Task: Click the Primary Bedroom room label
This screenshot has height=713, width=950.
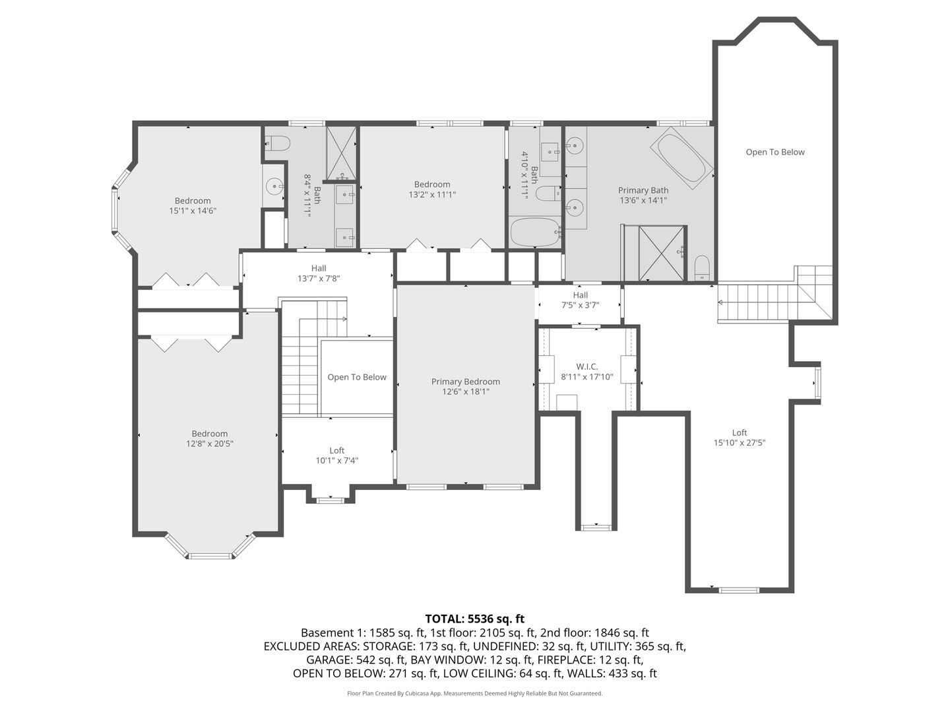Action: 465,382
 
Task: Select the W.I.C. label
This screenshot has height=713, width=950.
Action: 586,366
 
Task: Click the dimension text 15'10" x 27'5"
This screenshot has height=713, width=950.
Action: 739,443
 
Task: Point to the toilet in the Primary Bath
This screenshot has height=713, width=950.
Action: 702,268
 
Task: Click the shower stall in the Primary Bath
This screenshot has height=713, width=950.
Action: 662,253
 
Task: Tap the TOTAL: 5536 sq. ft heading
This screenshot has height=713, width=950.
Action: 474,619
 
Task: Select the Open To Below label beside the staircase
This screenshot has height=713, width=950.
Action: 357,377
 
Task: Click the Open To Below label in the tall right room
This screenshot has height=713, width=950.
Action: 775,152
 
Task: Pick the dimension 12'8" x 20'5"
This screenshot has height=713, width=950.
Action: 209,444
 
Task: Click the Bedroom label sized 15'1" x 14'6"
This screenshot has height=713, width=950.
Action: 193,201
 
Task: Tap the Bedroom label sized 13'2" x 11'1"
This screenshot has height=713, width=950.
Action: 432,184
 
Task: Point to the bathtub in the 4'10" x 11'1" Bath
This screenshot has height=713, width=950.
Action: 535,232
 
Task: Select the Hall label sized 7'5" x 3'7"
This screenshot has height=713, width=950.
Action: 580,295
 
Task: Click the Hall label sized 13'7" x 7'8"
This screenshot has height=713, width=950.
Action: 319,268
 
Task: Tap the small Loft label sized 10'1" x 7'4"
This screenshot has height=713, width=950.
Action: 336,450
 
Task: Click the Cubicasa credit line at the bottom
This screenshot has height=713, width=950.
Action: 474,693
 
